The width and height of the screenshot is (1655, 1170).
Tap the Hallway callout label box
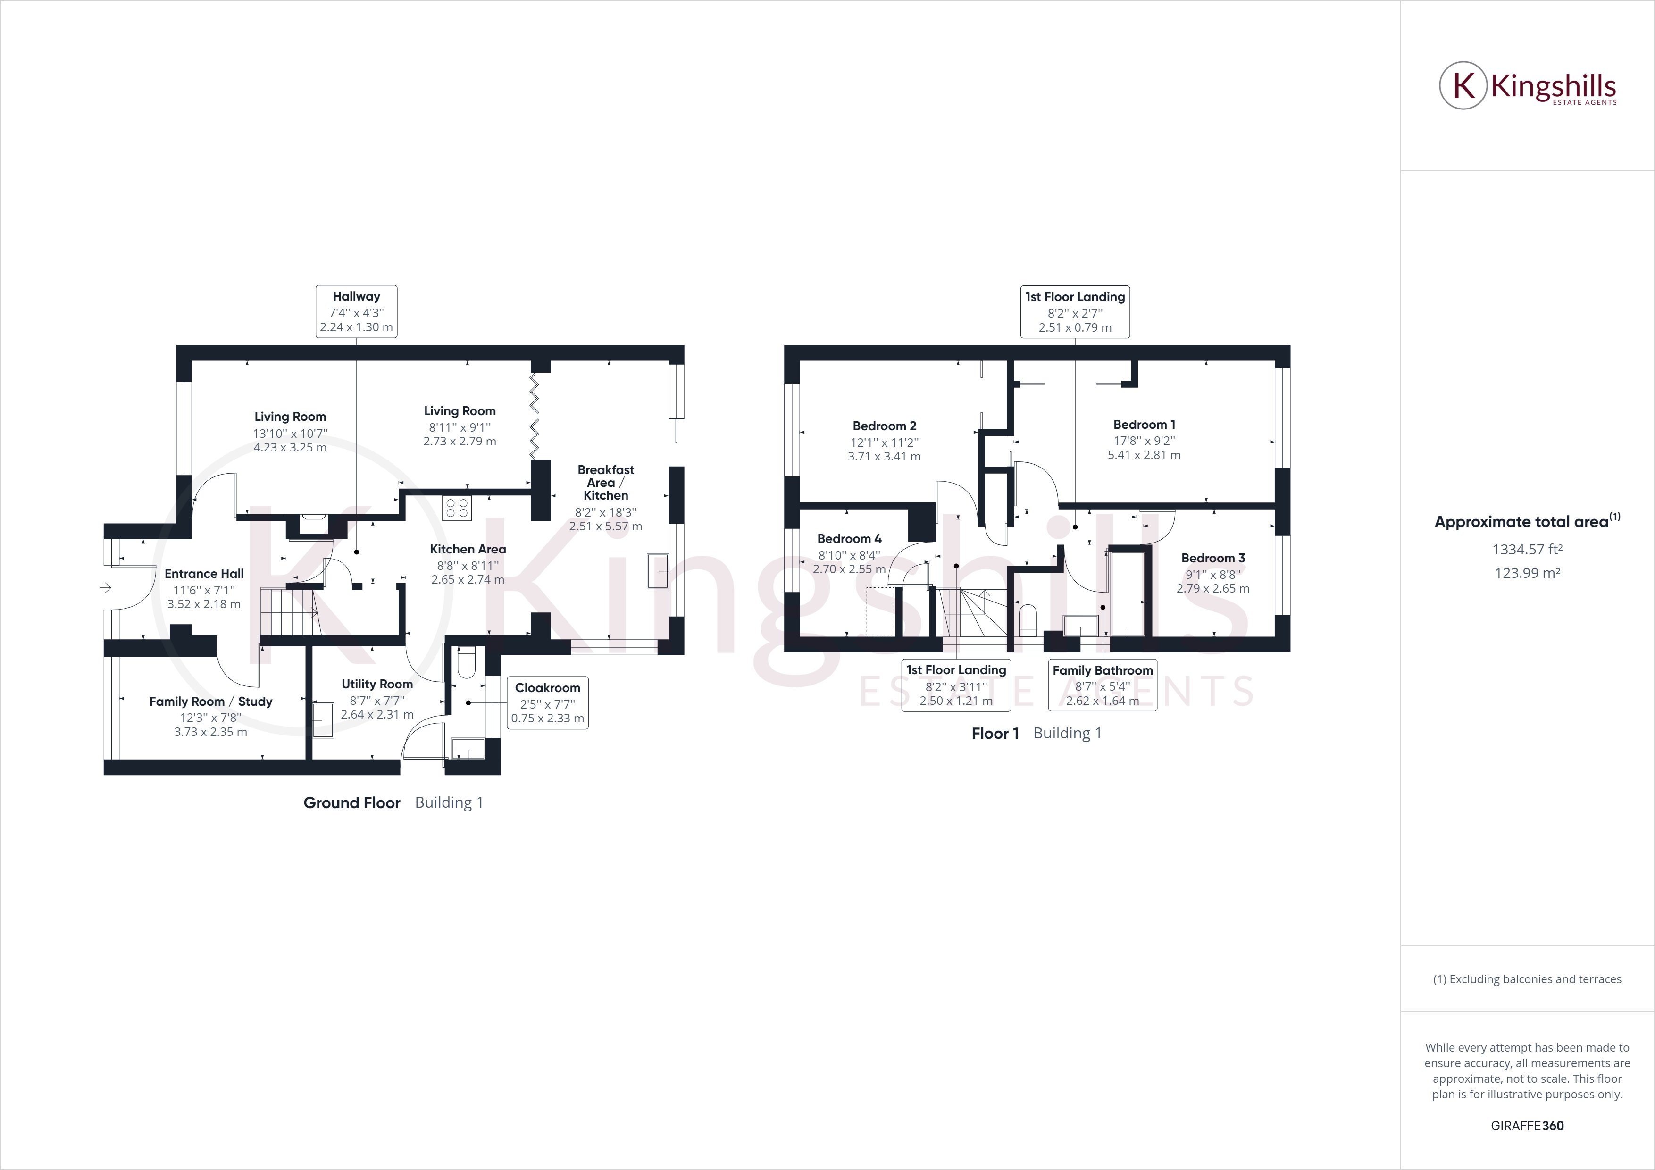pos(356,311)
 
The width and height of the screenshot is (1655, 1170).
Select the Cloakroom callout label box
pos(547,702)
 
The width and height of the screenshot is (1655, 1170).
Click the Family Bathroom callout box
pos(1102,685)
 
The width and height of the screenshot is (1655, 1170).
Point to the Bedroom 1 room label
pos(1144,425)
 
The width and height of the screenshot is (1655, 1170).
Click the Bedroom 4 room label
pos(849,538)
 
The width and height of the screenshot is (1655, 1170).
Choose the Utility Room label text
pos(377,684)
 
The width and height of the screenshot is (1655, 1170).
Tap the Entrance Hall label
pos(204,574)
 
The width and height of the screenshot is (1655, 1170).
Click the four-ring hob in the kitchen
pos(457,508)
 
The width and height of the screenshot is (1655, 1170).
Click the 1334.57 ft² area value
pos(1527,549)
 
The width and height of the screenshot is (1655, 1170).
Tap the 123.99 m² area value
pos(1527,573)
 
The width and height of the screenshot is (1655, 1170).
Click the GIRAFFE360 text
pos(1527,1125)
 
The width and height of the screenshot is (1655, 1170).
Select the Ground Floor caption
pos(352,803)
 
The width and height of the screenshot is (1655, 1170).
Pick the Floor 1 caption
pos(995,733)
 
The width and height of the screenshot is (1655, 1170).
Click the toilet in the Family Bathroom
pos(1028,620)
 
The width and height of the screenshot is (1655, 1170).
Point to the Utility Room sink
pos(322,719)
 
